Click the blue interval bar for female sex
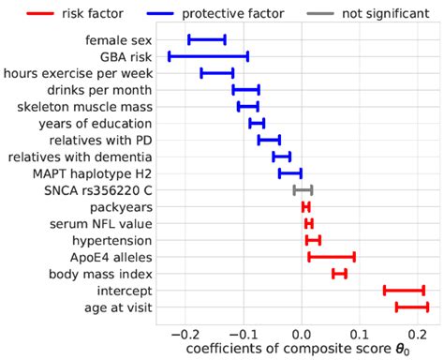[206, 39]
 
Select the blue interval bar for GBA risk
[208, 56]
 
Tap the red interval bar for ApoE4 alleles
[332, 256]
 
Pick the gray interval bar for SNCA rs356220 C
[303, 189]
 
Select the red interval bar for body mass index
[339, 273]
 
